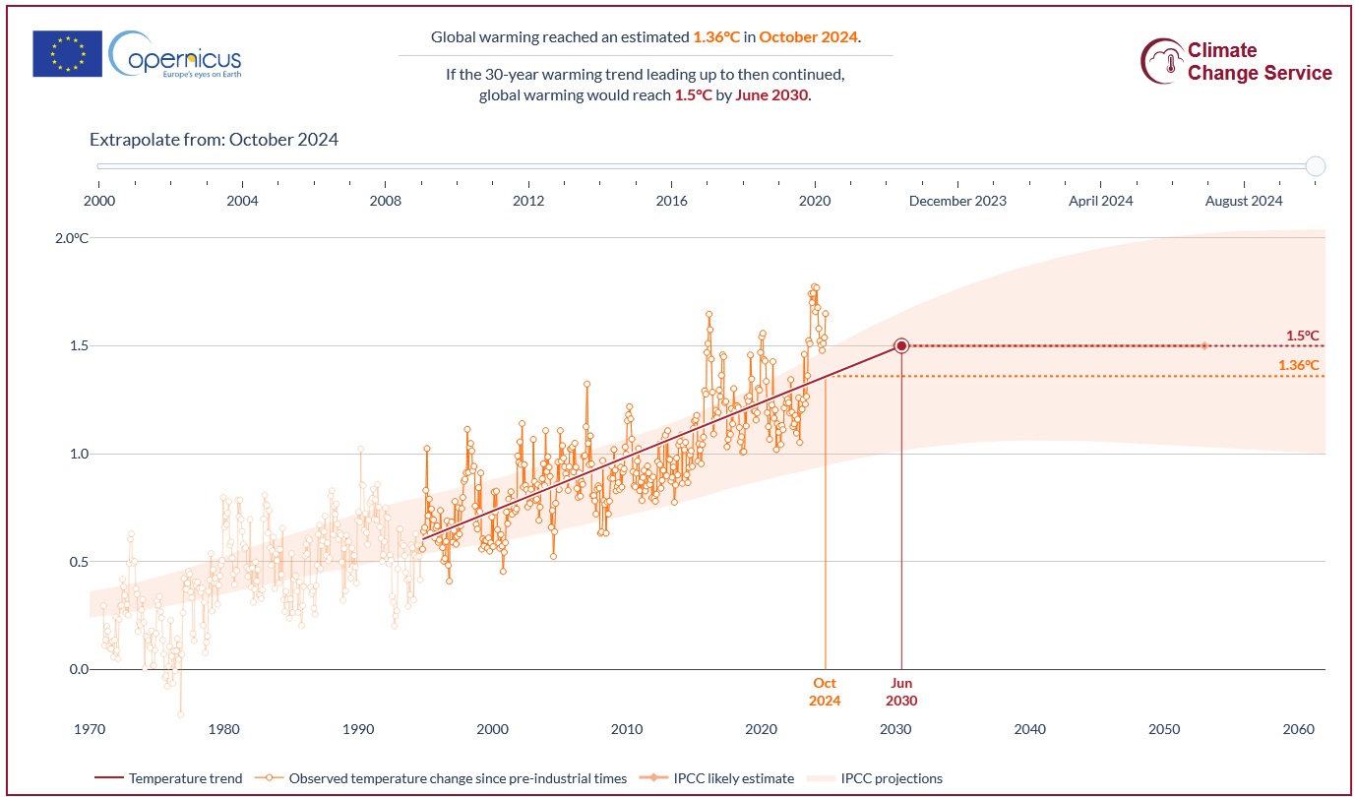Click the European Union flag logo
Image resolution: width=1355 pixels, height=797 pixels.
click(67, 53)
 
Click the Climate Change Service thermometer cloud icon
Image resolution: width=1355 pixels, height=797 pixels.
click(1162, 61)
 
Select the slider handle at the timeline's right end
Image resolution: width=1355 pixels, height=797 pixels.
click(1316, 166)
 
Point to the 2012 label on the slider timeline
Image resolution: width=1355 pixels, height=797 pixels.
click(528, 201)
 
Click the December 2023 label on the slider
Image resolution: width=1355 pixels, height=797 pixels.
click(957, 201)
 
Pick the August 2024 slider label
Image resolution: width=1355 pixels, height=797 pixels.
click(1244, 201)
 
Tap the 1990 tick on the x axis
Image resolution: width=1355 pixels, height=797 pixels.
click(358, 729)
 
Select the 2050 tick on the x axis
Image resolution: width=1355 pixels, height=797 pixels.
click(1164, 729)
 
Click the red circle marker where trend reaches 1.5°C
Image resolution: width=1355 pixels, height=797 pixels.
click(901, 345)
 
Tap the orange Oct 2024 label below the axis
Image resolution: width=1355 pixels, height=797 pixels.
click(825, 692)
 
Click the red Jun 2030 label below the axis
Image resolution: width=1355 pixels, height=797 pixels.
click(901, 692)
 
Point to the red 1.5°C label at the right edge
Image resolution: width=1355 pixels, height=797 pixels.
click(1302, 336)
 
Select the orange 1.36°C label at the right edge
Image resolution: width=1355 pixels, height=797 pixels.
click(1298, 365)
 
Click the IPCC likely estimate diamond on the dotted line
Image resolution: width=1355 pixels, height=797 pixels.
click(1204, 345)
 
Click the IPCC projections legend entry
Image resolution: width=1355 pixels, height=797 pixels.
click(891, 778)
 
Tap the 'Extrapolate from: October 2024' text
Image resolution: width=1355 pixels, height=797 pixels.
click(214, 140)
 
